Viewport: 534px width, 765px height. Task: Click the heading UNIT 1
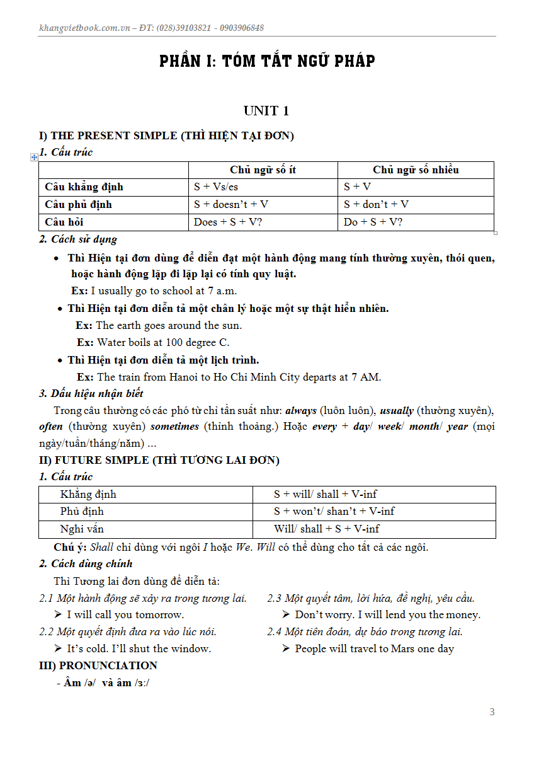pyautogui.click(x=266, y=111)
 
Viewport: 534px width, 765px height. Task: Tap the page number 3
pyautogui.click(x=492, y=712)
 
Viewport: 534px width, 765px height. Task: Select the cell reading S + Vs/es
pyautogui.click(x=216, y=187)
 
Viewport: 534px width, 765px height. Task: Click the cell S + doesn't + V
pyautogui.click(x=231, y=204)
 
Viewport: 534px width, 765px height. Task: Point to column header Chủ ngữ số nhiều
pyautogui.click(x=416, y=170)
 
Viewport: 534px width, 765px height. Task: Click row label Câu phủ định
pyautogui.click(x=78, y=204)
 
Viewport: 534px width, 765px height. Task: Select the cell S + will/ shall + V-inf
pyautogui.click(x=325, y=495)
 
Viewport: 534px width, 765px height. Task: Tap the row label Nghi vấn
pyautogui.click(x=82, y=529)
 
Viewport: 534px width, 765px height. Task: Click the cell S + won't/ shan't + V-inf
pyautogui.click(x=334, y=512)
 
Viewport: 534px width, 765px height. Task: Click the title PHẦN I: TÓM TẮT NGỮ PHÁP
pyautogui.click(x=267, y=61)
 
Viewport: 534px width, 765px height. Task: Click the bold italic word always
pyautogui.click(x=301, y=410)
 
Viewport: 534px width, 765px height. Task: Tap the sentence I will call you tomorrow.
pyautogui.click(x=125, y=614)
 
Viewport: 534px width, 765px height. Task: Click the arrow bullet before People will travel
pyautogui.click(x=286, y=648)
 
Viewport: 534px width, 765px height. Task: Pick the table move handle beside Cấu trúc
pyautogui.click(x=34, y=157)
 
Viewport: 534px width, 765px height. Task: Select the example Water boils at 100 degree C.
pyautogui.click(x=162, y=343)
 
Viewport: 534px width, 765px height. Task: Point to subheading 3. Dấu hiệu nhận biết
pyautogui.click(x=91, y=393)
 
